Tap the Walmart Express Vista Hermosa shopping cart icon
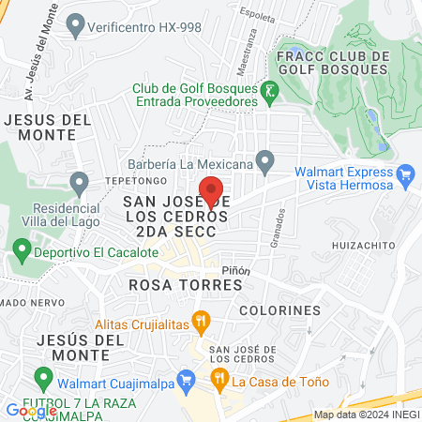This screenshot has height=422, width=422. [405, 173]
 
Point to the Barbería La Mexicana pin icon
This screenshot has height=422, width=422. [266, 163]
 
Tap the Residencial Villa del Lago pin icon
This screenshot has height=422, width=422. [79, 181]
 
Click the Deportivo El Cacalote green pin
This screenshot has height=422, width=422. [22, 251]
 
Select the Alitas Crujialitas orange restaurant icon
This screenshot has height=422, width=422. [200, 322]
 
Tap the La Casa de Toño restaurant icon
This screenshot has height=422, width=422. [219, 380]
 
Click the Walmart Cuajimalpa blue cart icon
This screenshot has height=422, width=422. [187, 380]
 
